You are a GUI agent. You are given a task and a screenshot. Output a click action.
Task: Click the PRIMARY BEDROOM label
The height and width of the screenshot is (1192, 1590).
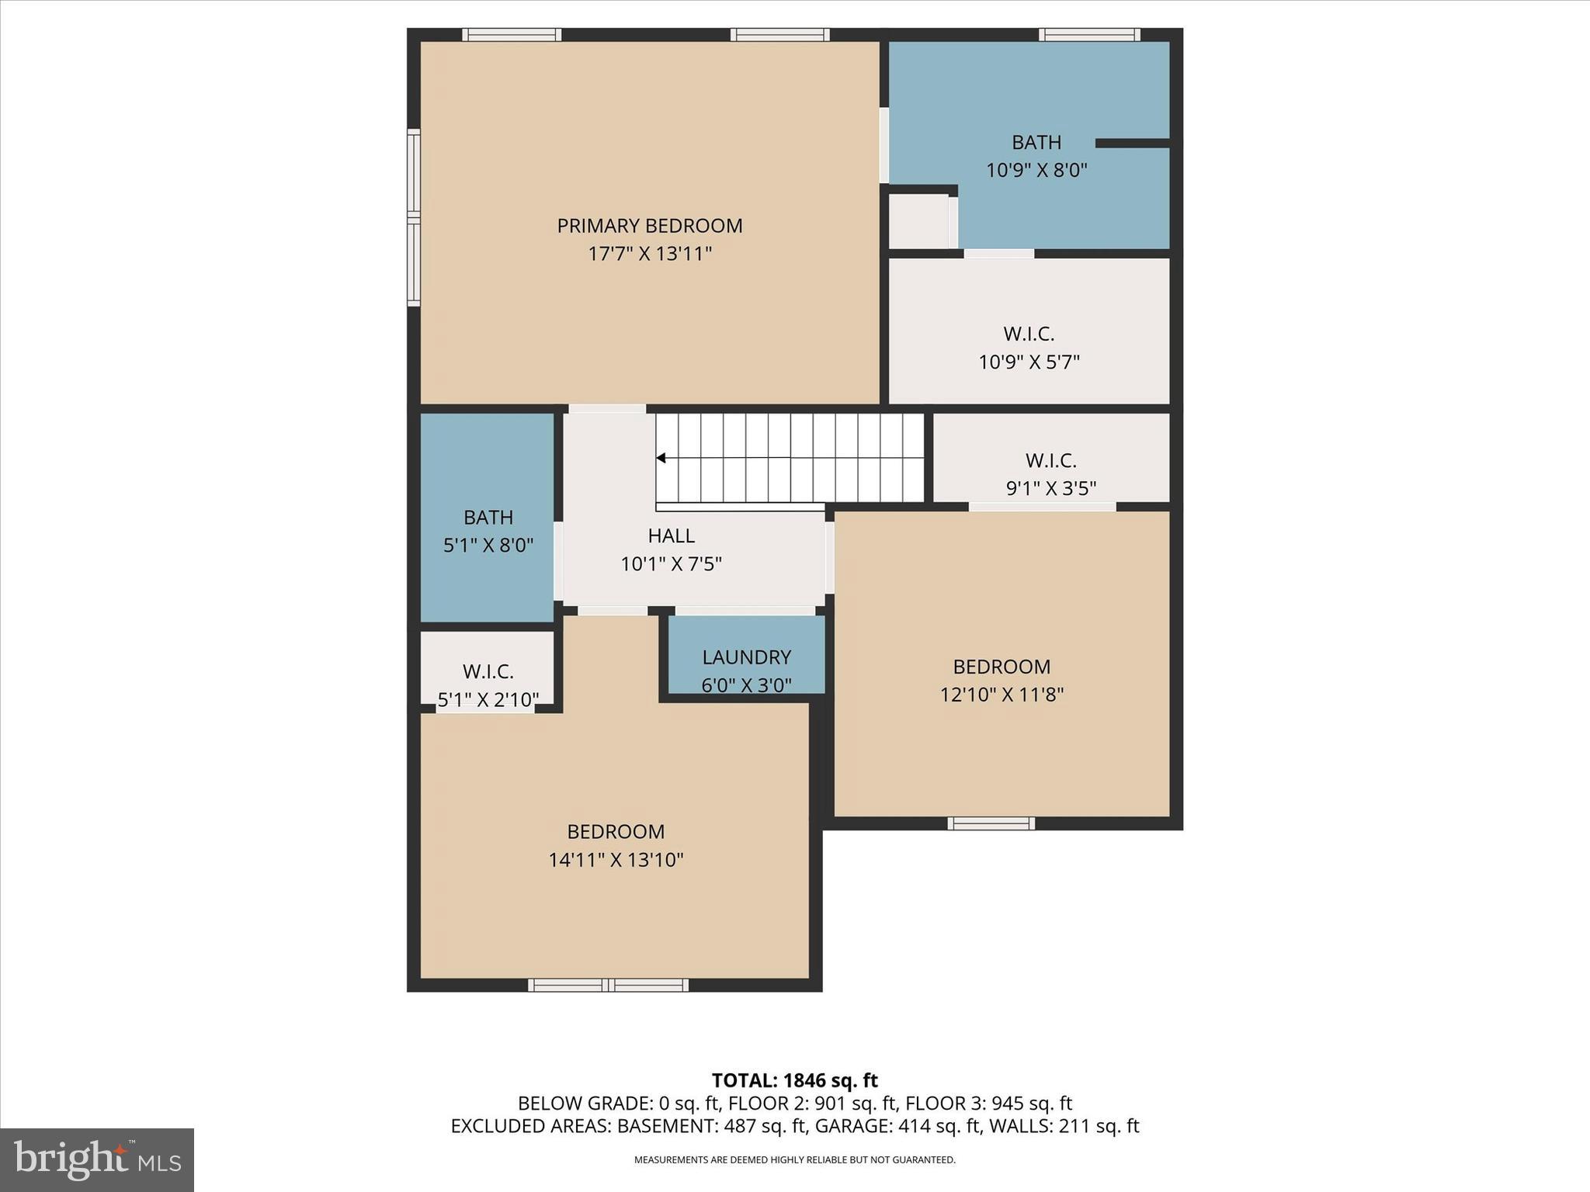coord(649,226)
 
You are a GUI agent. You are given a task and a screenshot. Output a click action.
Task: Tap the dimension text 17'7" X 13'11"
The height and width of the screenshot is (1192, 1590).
coord(649,254)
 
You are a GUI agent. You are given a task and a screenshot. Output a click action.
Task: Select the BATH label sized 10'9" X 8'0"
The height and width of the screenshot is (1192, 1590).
coord(1036,143)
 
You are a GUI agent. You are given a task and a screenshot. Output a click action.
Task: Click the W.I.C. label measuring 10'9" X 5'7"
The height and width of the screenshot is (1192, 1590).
coord(1029,334)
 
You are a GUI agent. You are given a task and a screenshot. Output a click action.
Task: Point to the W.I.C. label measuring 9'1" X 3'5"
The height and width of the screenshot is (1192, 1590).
coord(1050,461)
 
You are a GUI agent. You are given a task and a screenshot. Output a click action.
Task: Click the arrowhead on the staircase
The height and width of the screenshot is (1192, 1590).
coord(661,459)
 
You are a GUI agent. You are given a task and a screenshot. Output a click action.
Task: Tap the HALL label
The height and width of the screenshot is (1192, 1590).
coord(671,535)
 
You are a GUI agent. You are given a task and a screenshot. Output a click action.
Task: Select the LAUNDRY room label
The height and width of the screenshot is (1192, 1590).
coord(746,657)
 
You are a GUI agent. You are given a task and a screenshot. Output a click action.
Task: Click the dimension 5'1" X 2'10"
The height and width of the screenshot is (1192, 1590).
coord(488,700)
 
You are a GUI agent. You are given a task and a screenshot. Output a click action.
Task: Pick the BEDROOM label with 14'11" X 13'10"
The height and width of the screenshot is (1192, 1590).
coord(616,832)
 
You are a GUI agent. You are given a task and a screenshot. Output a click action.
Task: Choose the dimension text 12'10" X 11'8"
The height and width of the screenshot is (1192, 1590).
coord(1002,695)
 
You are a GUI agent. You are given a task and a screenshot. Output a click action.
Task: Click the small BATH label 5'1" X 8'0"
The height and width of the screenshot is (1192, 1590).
coord(488,518)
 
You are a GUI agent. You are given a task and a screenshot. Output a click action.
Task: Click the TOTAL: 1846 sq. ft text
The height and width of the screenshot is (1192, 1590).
coord(794,1080)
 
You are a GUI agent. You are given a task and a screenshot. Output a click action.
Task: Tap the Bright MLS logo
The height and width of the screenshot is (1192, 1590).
coord(97,1160)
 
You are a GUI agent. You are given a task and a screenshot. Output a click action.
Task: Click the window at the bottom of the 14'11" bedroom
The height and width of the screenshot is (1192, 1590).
coord(608,985)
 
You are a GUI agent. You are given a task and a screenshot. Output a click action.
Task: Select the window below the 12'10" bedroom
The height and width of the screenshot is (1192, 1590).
coord(991,823)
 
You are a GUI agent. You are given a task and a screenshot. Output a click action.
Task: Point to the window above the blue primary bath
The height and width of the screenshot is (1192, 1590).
coord(1089,34)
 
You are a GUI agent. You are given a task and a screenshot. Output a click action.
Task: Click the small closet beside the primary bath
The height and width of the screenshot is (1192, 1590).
coord(918,222)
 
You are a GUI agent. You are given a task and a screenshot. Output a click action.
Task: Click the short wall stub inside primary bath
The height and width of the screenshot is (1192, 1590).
coord(1132,143)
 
